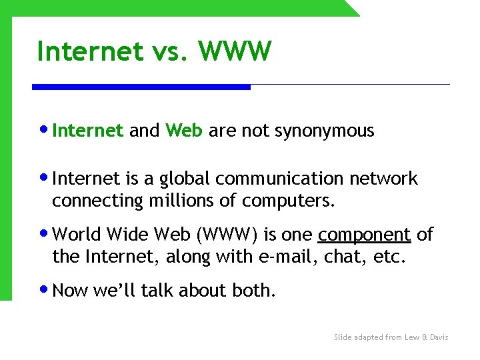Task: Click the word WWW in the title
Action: click(x=235, y=51)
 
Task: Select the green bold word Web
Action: click(x=183, y=131)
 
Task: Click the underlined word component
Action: click(x=364, y=235)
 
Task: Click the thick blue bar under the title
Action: click(x=141, y=87)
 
